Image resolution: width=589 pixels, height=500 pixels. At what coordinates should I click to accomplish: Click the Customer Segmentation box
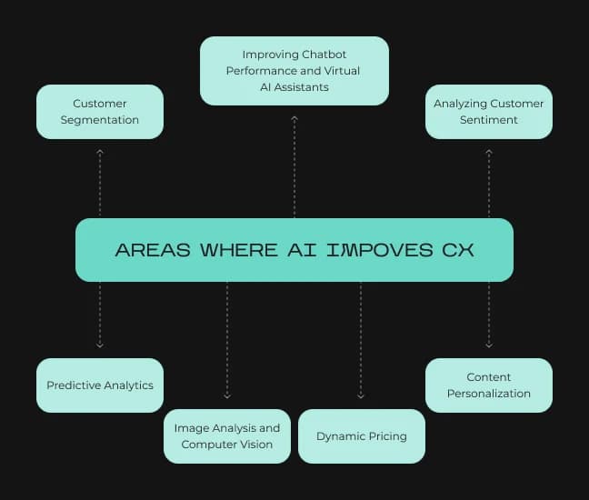pos(100,112)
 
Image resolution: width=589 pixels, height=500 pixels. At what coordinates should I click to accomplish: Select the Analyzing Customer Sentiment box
pos(489,112)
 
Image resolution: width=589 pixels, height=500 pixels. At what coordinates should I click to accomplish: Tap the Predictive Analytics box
pos(100,385)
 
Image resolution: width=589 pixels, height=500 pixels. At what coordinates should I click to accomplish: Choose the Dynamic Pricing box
pos(362,436)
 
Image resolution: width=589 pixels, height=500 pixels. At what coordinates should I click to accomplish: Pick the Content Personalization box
pos(489,385)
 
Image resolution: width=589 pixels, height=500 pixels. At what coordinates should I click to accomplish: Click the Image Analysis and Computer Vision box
pos(227,436)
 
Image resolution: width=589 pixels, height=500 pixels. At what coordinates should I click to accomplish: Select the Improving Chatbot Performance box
pos(294,71)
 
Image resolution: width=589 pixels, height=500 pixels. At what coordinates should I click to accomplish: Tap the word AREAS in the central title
pos(153,250)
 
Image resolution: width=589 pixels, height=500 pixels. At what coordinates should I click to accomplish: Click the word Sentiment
pos(489,120)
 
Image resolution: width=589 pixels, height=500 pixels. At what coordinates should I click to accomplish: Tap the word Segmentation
pos(100,120)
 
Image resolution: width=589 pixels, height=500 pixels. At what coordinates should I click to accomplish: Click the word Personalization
pos(489,394)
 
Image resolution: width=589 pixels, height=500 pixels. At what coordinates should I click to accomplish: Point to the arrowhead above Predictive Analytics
pos(100,345)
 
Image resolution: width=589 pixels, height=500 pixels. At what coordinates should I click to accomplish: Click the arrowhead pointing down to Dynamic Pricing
pos(361,395)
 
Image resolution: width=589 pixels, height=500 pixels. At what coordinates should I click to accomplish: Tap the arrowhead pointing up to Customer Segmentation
pos(100,152)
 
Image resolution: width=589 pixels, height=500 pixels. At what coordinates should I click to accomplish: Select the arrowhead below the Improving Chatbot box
pos(294,118)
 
